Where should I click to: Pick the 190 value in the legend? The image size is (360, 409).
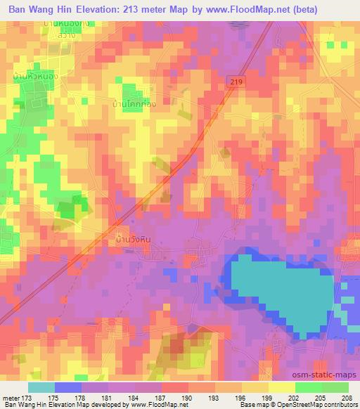click(188, 398)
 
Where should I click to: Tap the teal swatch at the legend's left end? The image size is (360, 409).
click(41, 387)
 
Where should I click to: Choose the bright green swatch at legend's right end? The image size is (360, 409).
click(335, 387)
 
